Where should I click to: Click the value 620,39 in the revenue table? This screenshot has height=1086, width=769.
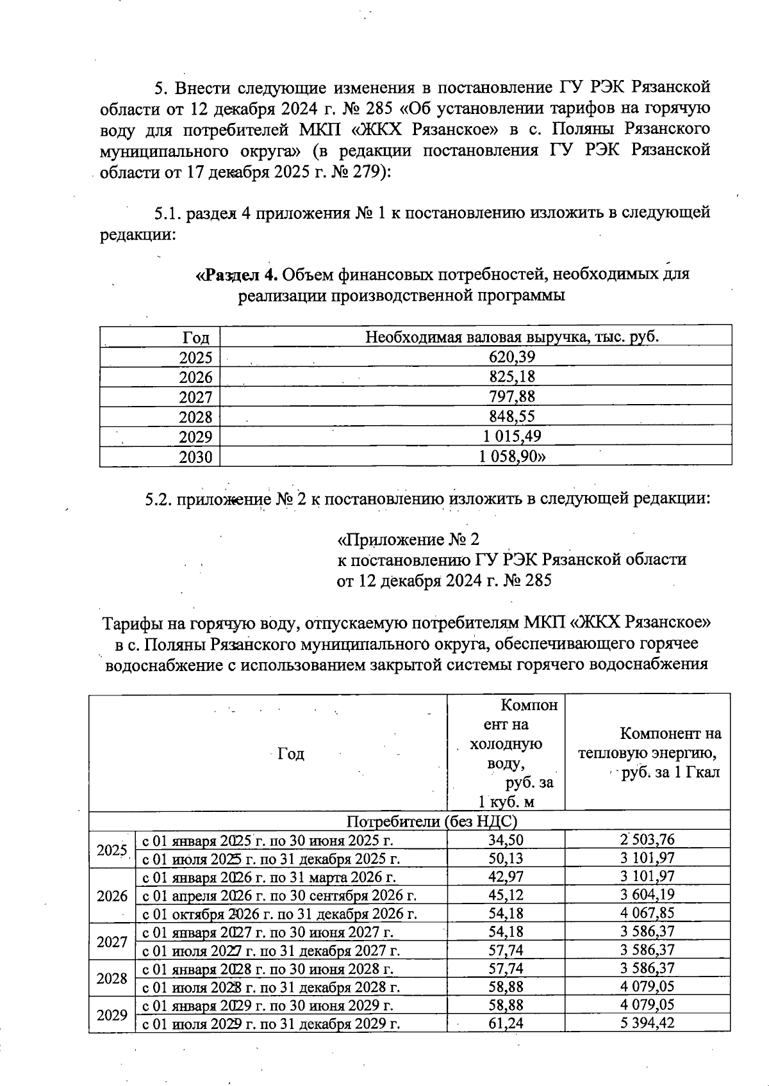511,357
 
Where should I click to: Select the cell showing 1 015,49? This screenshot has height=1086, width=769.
511,437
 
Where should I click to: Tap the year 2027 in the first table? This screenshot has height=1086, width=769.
195,397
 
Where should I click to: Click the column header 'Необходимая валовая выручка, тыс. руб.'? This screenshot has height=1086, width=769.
511,337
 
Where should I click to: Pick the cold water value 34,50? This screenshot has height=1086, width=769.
506,839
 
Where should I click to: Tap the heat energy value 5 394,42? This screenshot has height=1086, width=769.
647,1023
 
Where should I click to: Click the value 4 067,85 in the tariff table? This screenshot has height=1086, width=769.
647,912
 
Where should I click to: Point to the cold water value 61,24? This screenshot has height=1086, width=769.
506,1023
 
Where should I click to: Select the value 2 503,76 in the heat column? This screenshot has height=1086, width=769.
647,839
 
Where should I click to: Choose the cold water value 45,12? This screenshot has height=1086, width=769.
506,895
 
